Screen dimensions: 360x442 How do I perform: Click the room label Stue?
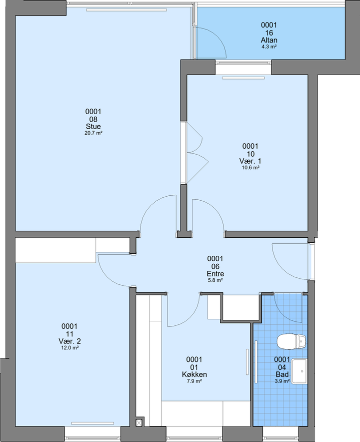93,126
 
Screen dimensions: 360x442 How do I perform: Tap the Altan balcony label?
269,40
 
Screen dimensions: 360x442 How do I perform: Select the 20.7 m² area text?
93,133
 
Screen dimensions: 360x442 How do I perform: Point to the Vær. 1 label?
250,161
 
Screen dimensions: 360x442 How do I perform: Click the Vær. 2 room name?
69,341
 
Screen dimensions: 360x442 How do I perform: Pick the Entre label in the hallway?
215,273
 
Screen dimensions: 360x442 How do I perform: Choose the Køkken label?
194,374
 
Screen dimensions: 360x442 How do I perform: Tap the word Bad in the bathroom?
282,374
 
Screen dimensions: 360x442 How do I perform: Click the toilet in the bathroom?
291,342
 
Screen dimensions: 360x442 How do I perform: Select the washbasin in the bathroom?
298,371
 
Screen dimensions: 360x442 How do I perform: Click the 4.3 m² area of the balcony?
269,47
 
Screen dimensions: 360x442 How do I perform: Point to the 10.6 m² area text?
250,168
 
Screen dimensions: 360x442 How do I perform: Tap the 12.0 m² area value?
70,348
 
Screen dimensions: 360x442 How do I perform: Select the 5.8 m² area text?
215,280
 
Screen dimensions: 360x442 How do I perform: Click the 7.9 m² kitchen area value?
194,381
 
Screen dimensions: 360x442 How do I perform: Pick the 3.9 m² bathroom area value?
282,381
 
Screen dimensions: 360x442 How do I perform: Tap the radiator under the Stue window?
126,10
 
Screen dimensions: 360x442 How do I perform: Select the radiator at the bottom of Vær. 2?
92,423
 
